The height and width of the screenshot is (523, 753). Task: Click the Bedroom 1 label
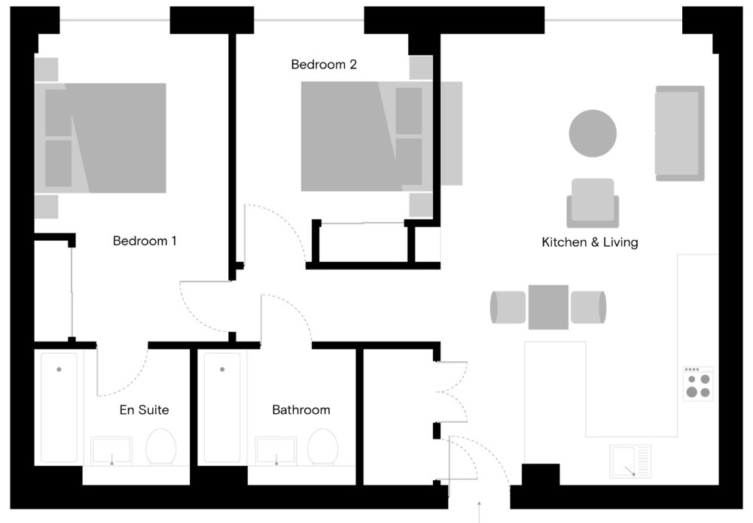[145, 240]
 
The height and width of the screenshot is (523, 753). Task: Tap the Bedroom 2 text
[324, 64]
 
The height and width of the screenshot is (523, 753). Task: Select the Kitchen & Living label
[590, 242]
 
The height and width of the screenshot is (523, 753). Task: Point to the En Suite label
[144, 410]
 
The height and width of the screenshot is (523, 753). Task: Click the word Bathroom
[301, 410]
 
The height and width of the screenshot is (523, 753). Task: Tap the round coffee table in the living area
[593, 133]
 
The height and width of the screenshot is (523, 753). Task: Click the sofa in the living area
[679, 133]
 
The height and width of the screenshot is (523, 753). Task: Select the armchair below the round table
[593, 203]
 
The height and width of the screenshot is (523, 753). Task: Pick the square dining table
[548, 307]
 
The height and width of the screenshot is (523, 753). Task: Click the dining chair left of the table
[508, 307]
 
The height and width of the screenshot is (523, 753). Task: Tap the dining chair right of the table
[588, 307]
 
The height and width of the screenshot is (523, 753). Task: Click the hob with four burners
[698, 384]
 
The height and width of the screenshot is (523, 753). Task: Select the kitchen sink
[630, 461]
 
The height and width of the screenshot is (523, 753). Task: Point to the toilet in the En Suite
[161, 447]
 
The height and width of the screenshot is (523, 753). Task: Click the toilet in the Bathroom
[323, 447]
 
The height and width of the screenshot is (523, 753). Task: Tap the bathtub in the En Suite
[59, 408]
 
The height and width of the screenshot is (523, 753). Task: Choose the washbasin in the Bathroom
[276, 451]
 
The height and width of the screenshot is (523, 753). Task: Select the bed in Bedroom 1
[100, 138]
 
